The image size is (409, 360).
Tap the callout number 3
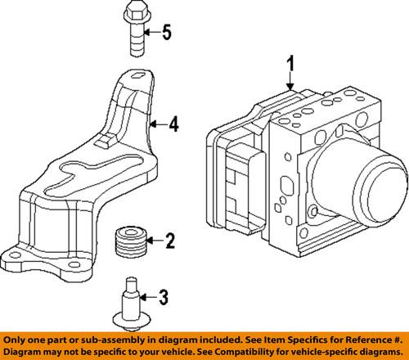point(163,295)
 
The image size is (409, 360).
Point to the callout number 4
point(173,126)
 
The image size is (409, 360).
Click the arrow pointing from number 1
point(288,82)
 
